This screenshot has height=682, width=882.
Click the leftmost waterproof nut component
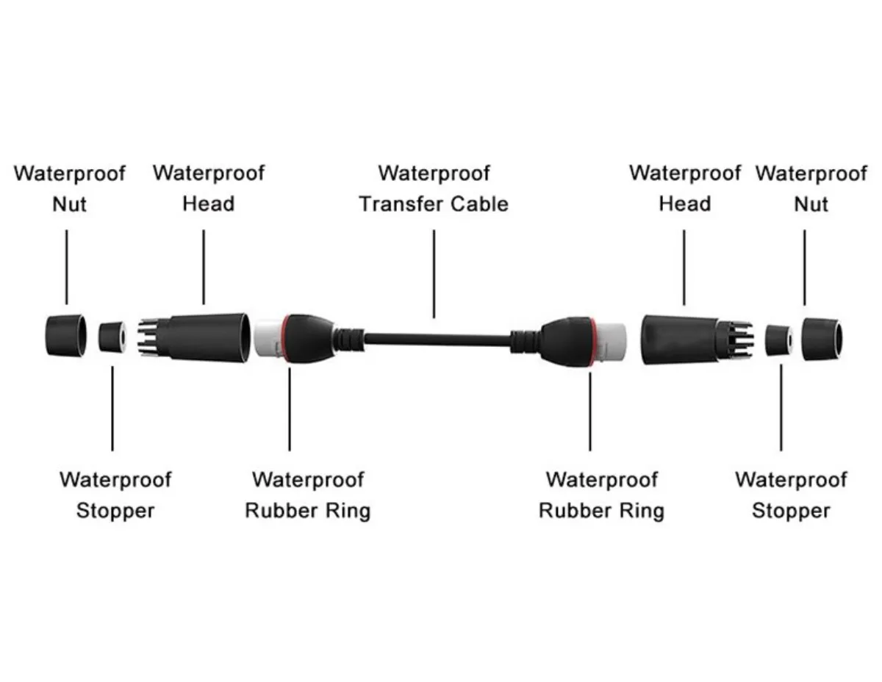65,336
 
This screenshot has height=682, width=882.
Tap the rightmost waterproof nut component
822,340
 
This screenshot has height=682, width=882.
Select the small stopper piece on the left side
112,337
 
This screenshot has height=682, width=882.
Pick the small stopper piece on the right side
779,340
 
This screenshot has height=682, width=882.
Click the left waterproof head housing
195,337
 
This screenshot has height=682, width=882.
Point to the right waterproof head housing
698,340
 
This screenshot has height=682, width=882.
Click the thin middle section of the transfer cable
437,340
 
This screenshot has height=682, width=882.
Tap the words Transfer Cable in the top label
434,204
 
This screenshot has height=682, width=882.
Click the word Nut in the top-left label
69,204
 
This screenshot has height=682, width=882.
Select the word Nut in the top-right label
811,204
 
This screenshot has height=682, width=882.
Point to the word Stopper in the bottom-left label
115,511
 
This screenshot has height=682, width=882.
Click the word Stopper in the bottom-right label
791,511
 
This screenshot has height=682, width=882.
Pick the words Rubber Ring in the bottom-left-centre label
308,510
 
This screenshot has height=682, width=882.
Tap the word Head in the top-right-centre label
685,204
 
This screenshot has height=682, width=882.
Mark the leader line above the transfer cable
434,274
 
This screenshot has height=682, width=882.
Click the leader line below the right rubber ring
590,412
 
